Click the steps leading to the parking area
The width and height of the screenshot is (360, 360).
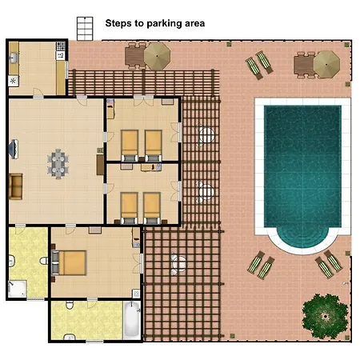[85, 29]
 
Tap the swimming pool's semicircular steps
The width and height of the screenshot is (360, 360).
[302, 237]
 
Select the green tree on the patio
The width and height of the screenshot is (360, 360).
[326, 316]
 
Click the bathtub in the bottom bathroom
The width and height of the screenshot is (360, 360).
[132, 319]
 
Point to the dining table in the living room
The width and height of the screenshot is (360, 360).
[58, 164]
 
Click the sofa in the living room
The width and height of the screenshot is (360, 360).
[16, 186]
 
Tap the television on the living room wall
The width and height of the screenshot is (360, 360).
[14, 150]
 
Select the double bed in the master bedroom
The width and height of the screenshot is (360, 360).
[69, 262]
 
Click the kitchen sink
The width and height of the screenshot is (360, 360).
[14, 58]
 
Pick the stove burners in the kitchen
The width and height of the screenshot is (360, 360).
[61, 46]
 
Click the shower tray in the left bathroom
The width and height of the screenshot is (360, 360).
[18, 289]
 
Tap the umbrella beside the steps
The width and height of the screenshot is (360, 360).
[157, 56]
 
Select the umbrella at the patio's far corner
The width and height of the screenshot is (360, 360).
[326, 64]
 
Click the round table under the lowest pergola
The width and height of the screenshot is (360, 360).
[178, 263]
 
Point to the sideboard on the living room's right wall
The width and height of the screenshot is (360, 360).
[100, 165]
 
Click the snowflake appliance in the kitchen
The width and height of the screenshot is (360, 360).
[13, 81]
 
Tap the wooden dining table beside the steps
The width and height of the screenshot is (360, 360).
[135, 56]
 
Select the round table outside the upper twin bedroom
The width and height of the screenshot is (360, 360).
[206, 134]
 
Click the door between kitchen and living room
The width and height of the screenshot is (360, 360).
[38, 94]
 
